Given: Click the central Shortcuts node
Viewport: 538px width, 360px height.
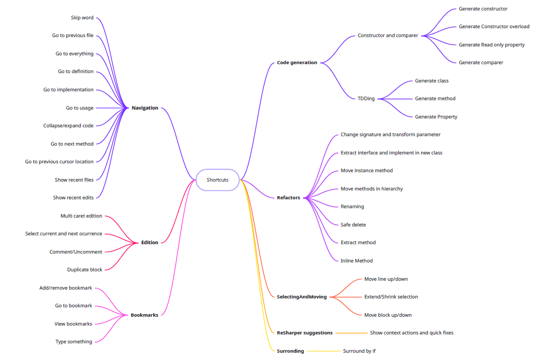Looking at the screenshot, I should [217, 180].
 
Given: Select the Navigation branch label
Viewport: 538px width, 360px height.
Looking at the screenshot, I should [145, 108].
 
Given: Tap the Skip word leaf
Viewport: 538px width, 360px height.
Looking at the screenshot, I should [82, 18].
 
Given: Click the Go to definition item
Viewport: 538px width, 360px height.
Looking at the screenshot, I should [76, 71].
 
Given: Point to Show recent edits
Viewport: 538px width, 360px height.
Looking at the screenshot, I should [73, 198].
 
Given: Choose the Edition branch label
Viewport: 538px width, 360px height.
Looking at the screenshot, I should [150, 243].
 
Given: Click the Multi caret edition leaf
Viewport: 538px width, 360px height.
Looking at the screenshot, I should [81, 216].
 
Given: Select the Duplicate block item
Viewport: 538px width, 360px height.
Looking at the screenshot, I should [84, 270].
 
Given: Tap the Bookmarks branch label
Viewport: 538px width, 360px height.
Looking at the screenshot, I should [144, 315].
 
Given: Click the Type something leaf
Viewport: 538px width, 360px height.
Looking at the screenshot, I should [74, 342].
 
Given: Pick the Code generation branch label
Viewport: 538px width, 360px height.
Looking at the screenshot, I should [297, 63].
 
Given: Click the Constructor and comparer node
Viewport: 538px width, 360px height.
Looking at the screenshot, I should [388, 35].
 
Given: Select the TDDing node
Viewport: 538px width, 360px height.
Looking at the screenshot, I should [366, 99].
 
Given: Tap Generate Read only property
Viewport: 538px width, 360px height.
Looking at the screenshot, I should [492, 45].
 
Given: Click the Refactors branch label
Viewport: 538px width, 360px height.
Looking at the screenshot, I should [288, 198].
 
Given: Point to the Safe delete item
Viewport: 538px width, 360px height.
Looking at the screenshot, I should [353, 225].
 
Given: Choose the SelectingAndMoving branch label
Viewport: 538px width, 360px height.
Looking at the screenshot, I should [302, 297].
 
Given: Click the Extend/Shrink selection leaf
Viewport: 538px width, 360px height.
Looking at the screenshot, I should [391, 297].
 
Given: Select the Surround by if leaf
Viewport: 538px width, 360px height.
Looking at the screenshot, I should [359, 351].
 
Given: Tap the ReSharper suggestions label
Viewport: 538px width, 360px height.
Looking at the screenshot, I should [304, 333].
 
